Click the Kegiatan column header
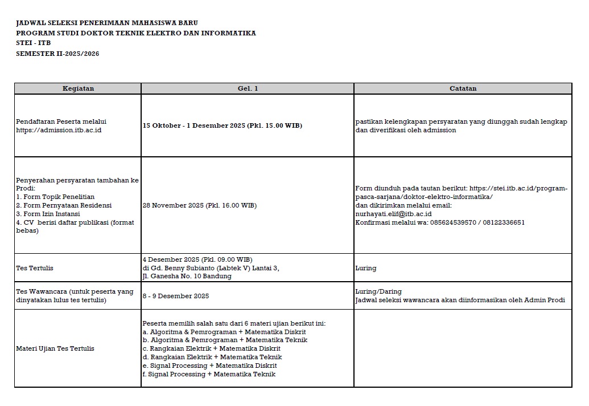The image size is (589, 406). pos(78,88)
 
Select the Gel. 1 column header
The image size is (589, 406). pos(248,88)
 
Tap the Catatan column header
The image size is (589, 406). pos(463,88)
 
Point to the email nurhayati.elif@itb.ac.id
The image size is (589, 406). pos(393,214)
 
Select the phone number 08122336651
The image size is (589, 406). pos(503,222)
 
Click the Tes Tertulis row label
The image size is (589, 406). pos(35,268)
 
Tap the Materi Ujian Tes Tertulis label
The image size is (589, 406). pos(55,348)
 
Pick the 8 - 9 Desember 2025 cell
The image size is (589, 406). pos(176,296)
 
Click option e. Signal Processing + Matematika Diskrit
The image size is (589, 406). pos(209,366)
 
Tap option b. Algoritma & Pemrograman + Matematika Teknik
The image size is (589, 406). pos(225,340)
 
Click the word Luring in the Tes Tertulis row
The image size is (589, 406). pos(365,268)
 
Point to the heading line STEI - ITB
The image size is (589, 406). pos(34,43)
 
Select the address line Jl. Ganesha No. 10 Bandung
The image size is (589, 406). pos(187,277)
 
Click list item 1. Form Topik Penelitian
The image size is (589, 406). pos(55,197)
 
